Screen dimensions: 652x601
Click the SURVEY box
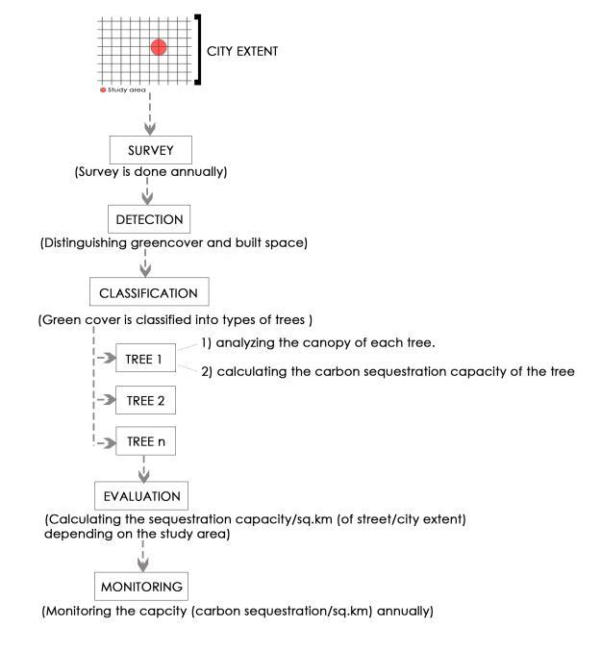point(149,150)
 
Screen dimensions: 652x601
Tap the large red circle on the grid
point(159,47)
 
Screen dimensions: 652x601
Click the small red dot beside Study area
point(104,90)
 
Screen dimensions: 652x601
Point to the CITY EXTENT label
point(243,51)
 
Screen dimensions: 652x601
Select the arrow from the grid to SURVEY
point(149,114)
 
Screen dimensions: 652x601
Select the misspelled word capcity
point(157,612)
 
